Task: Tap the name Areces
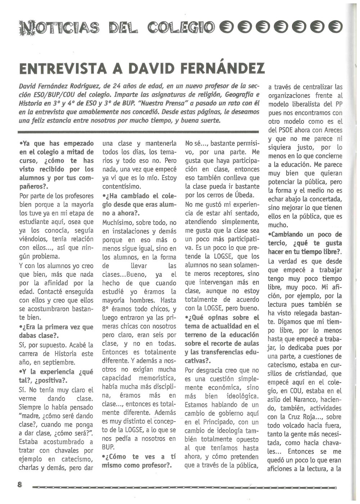[x=332, y=130]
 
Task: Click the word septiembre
[x=59, y=362]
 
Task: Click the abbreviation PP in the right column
[x=338, y=104]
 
